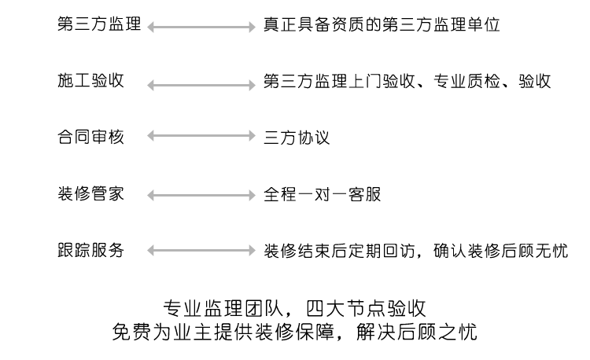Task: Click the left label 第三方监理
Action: [99, 24]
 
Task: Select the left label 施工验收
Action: [90, 81]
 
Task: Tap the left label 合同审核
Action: [90, 137]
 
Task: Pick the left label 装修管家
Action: [90, 194]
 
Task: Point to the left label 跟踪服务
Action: [90, 250]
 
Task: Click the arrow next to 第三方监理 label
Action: [201, 27]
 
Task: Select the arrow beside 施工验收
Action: [201, 86]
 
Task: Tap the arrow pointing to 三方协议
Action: [201, 136]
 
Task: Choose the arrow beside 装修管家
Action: [201, 196]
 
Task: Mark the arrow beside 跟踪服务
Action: [201, 251]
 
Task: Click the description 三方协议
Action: [297, 138]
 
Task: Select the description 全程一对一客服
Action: [322, 194]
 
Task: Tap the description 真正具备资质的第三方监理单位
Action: [382, 25]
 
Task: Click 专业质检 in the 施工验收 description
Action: [466, 81]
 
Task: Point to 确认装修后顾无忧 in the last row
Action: [500, 251]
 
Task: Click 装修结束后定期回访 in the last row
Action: [339, 251]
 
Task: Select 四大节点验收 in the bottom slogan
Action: [366, 309]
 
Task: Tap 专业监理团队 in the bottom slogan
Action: [223, 309]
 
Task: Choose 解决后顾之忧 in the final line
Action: [416, 332]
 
